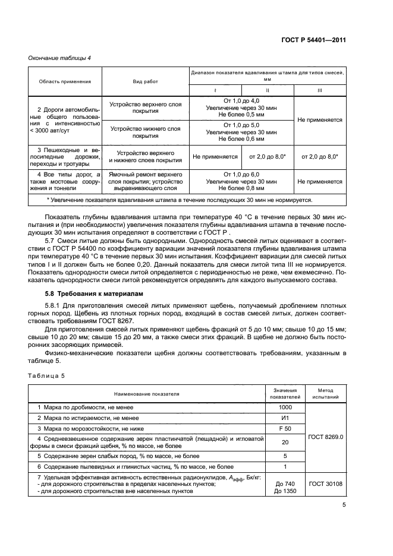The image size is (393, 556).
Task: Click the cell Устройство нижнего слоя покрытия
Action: click(145, 131)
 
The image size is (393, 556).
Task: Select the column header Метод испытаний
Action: click(326, 393)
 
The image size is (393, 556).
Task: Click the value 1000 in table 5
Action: click(285, 407)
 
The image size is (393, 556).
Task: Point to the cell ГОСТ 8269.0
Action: click(326, 437)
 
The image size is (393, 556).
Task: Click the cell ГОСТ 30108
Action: click(326, 484)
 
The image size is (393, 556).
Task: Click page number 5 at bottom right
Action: click(344, 505)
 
